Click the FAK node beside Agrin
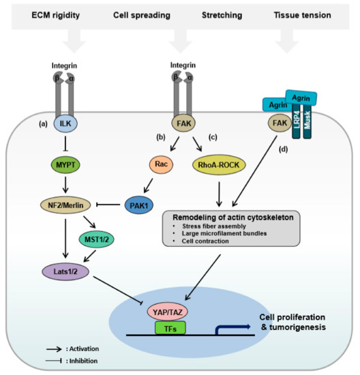pos(269,125)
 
